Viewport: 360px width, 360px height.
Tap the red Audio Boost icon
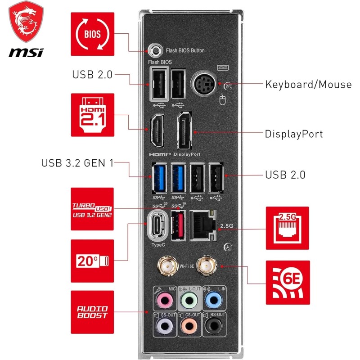click(93, 312)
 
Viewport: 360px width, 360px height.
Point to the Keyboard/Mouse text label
click(308, 84)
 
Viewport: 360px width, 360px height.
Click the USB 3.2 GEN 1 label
click(77, 162)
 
